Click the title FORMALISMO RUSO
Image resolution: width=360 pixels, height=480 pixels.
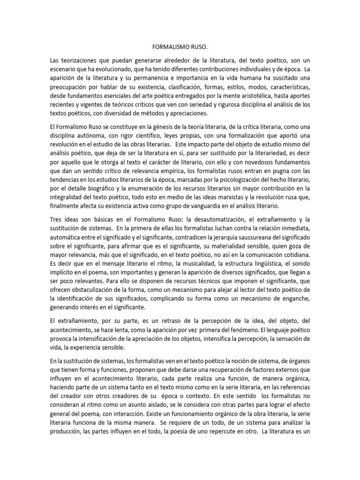(180, 48)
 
